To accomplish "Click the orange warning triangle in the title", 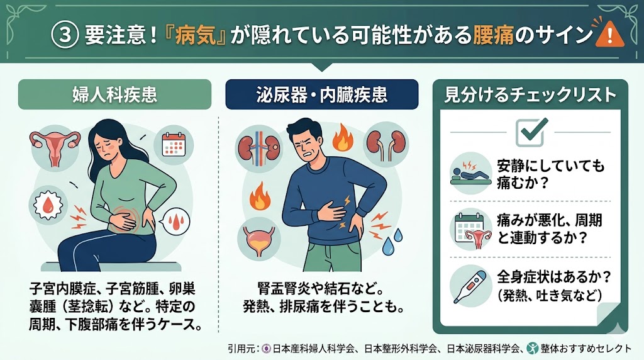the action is coord(609,34).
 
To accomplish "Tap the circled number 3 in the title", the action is coord(65,35).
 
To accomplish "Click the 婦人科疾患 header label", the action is coord(114,94).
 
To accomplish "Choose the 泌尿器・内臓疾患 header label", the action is coord(321,94).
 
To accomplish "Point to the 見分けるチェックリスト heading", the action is coord(530,95).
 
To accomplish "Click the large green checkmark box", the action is coord(531,132).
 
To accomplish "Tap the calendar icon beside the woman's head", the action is coord(174,145).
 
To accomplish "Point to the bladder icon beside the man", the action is coord(258,239).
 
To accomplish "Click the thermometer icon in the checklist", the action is coord(470,286).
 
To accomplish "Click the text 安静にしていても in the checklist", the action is coord(551,166).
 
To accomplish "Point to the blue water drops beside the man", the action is coord(392,242).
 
